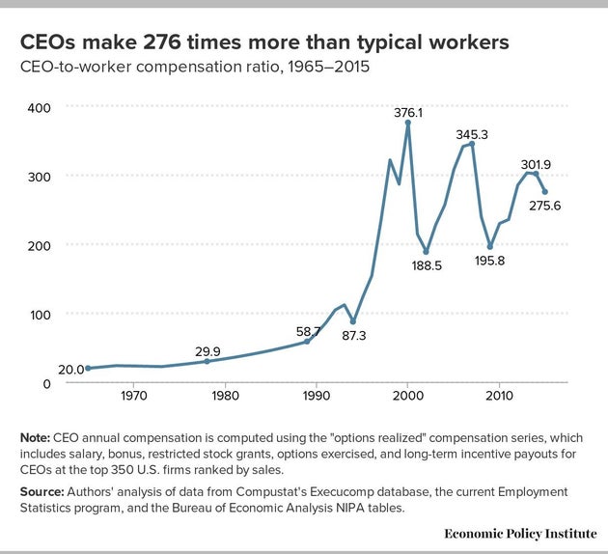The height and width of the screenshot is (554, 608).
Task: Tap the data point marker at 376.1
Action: click(408, 124)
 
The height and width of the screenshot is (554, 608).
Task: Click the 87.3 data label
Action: click(356, 334)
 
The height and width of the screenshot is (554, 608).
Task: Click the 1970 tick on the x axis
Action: click(133, 395)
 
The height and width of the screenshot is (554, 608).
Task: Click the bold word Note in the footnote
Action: click(37, 437)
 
